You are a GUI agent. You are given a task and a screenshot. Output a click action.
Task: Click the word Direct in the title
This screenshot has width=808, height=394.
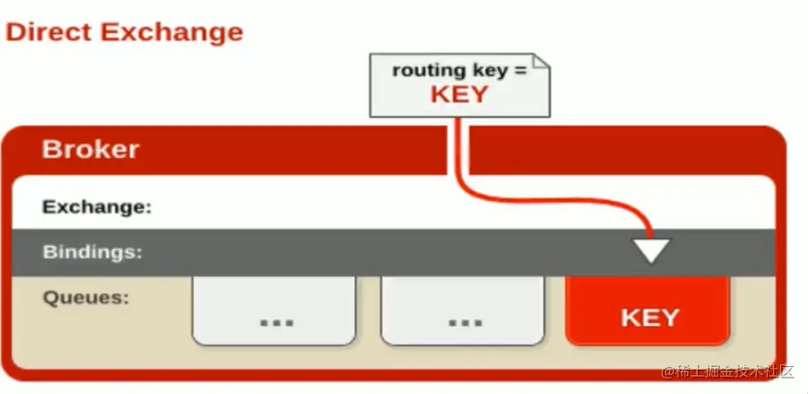point(49,32)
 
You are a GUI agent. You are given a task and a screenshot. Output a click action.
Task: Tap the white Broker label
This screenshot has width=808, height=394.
point(91,150)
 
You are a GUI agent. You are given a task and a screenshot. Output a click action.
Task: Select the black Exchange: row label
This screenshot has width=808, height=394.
point(97,207)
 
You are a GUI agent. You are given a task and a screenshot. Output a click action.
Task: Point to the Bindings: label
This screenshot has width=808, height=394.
point(92,252)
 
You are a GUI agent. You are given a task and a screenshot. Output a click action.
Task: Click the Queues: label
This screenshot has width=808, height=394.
point(86,297)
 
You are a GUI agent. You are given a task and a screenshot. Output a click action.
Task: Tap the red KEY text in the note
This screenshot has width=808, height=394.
point(459,95)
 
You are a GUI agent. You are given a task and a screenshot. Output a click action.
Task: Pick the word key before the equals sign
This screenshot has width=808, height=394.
point(490,71)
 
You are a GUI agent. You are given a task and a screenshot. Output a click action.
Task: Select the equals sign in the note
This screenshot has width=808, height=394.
point(521,70)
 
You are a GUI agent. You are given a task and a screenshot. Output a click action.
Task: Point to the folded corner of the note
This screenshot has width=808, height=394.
point(541,61)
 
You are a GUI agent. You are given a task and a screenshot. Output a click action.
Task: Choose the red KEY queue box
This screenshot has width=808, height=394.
point(648,311)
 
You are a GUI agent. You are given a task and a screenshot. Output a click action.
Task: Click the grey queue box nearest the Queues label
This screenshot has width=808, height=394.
point(274,311)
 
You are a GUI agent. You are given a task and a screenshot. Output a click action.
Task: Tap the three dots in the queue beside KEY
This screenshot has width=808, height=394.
point(466,323)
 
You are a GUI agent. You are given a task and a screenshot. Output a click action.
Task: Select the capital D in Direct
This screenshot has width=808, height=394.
point(15,32)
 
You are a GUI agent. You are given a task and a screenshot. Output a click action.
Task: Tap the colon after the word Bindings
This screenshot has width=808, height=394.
point(139,253)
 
